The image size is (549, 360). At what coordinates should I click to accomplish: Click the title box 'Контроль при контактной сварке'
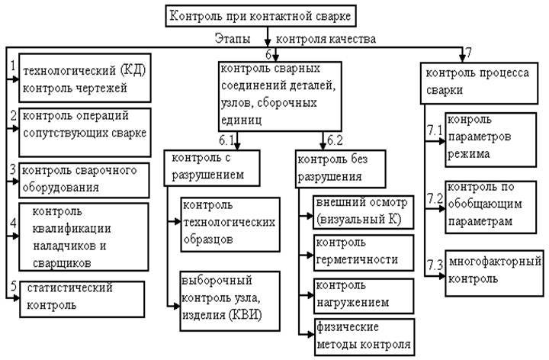click(x=261, y=16)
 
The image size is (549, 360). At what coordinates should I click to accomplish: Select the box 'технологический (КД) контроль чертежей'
click(x=85, y=78)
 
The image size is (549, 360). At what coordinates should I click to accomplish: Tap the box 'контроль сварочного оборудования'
click(x=84, y=180)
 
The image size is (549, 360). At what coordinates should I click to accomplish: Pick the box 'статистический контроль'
click(x=82, y=299)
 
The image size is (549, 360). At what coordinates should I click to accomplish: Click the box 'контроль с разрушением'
click(x=212, y=168)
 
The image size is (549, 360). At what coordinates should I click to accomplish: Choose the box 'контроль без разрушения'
click(x=341, y=169)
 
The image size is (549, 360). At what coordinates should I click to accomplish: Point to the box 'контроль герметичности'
click(x=364, y=252)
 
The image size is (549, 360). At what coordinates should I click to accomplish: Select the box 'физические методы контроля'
click(x=364, y=336)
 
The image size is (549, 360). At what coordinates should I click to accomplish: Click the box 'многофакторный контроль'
click(x=494, y=273)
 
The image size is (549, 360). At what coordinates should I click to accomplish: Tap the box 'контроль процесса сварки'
click(x=479, y=83)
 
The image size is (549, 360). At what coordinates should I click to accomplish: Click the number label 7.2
click(x=435, y=199)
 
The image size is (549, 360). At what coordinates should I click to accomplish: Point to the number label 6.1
click(x=226, y=140)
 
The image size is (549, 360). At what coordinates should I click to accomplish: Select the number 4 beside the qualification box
click(x=13, y=223)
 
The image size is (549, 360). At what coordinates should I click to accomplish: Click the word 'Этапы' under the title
click(x=233, y=38)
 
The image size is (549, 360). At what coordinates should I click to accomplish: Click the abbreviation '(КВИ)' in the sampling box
click(x=246, y=315)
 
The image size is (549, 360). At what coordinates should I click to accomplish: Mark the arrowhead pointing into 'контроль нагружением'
click(x=310, y=295)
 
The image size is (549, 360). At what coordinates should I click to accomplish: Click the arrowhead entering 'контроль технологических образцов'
click(x=177, y=221)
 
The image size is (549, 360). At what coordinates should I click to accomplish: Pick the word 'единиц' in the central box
click(x=241, y=120)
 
